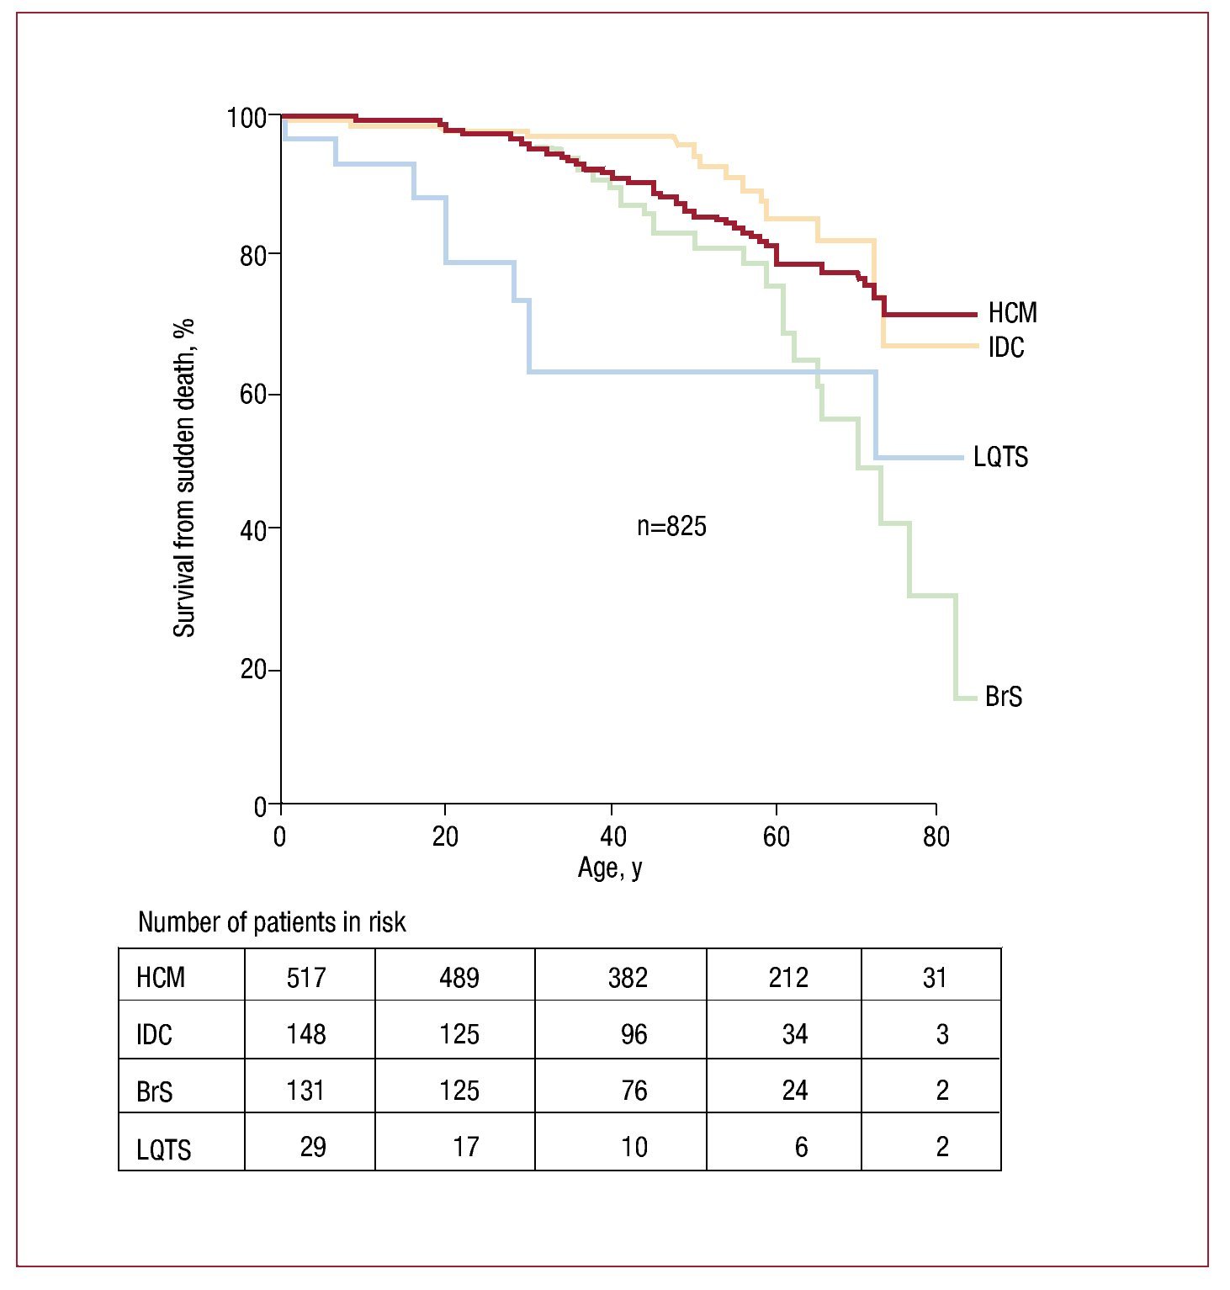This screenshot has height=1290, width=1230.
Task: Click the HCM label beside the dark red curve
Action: (x=1012, y=313)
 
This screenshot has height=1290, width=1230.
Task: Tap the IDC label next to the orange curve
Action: (x=1006, y=348)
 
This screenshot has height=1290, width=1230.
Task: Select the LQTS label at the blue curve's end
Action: (x=1000, y=457)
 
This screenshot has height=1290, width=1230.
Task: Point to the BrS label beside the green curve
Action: (x=1003, y=697)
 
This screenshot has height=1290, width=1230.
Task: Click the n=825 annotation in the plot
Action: (x=671, y=527)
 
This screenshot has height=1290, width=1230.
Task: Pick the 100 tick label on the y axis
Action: (x=247, y=118)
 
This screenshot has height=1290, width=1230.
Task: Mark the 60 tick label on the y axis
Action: (x=253, y=394)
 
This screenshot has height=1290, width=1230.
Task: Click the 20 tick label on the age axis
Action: (x=445, y=836)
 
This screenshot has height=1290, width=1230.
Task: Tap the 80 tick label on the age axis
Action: (x=936, y=836)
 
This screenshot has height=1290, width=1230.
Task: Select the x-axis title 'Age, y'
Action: (x=610, y=868)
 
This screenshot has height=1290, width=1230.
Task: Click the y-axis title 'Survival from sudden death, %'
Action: (x=184, y=477)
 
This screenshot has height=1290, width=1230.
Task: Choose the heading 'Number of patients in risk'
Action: (x=272, y=922)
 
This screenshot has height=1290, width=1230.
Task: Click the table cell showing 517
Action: (x=306, y=978)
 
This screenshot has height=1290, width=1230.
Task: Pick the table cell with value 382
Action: (x=628, y=978)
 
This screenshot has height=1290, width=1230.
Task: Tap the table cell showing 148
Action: (x=306, y=1034)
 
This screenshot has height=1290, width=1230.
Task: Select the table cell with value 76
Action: (x=634, y=1091)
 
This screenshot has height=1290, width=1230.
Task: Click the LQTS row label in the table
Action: (x=164, y=1149)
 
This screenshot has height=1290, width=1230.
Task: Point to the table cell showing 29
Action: (x=313, y=1147)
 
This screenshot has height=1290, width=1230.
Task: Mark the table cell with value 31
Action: (x=935, y=978)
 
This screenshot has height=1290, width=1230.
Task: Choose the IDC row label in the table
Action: (x=154, y=1035)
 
